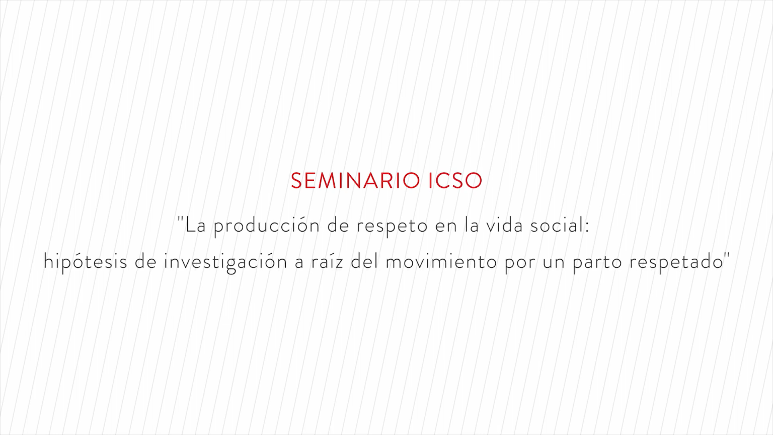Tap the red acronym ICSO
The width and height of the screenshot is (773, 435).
pos(455,181)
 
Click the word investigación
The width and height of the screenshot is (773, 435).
pos(225,262)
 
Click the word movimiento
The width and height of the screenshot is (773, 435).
pos(441,262)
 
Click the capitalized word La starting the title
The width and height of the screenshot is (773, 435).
pos(196,226)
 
